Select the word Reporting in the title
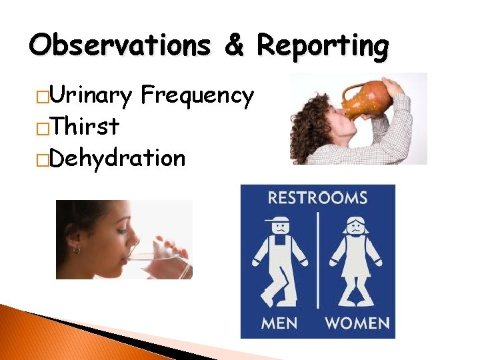tap(323, 47)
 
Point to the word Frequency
tap(197, 96)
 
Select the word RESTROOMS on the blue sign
tap(317, 198)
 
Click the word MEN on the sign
tap(279, 323)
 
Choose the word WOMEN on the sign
tap(357, 323)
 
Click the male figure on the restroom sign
tap(279, 260)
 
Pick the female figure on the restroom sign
tap(356, 260)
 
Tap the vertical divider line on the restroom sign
tap(318, 260)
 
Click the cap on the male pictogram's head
tap(277, 219)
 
